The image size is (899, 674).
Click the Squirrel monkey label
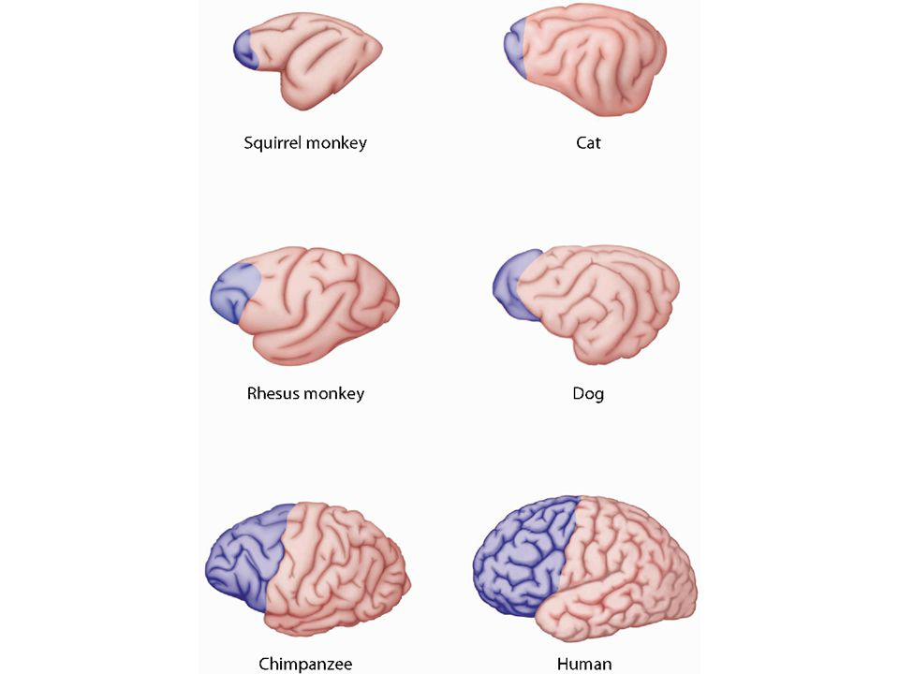(305, 143)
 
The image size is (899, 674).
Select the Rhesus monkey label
(305, 393)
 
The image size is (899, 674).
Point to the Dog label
(588, 393)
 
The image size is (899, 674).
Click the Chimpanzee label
(305, 664)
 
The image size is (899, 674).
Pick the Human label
(584, 664)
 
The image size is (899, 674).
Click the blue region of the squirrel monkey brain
(245, 47)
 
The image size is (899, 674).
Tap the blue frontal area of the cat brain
(514, 47)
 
